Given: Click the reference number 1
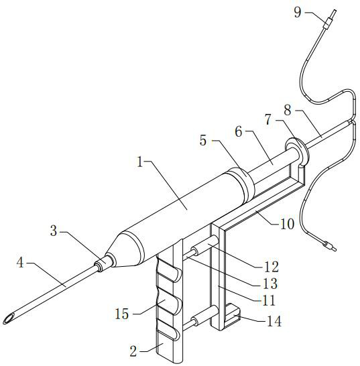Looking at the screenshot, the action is click(x=140, y=162).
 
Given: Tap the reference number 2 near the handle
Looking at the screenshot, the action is click(x=133, y=351).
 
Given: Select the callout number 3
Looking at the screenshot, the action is click(x=54, y=231).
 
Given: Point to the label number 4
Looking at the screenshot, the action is click(x=20, y=262).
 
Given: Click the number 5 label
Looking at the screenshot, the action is click(x=203, y=141).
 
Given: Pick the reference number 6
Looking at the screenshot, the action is click(x=239, y=131).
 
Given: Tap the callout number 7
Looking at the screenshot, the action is click(x=268, y=119).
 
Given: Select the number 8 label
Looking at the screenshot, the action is click(x=288, y=110).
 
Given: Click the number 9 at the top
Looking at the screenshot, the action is click(x=298, y=12).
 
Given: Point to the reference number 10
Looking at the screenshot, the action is click(x=287, y=224).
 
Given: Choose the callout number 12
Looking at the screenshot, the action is click(x=271, y=267).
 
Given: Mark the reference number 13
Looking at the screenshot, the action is click(x=270, y=284).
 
